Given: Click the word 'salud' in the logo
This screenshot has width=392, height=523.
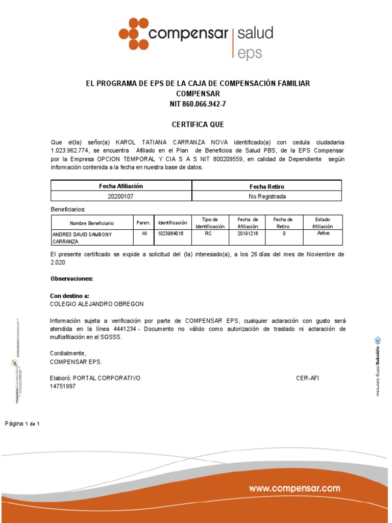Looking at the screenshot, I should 255,34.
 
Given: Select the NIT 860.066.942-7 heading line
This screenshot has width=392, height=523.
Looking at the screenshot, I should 198,104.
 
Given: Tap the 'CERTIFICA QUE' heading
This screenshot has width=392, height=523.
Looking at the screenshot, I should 198,125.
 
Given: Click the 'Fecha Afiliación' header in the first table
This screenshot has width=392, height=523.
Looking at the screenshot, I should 121,186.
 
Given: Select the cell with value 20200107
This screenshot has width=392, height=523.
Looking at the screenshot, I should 121,196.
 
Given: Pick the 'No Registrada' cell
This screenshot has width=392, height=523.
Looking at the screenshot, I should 267,196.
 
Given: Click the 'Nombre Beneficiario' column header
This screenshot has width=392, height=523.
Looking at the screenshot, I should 92,223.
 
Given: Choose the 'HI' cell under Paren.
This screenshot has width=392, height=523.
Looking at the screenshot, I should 144,233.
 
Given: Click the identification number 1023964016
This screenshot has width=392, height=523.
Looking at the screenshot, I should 171,233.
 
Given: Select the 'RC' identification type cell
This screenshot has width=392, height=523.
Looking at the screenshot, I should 208,233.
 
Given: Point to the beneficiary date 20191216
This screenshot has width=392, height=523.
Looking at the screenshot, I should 248,233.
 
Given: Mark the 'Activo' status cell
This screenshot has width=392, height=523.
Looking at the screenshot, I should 324,233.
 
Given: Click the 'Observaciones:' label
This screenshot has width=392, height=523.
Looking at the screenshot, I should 71,279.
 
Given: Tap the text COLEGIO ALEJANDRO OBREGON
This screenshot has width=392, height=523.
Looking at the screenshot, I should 96,303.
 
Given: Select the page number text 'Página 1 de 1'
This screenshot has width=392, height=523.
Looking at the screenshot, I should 22,424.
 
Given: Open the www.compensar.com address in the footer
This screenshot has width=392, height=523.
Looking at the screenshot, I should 295,489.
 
